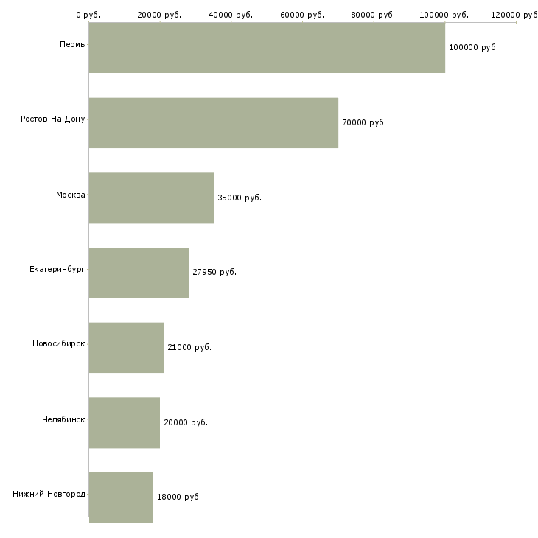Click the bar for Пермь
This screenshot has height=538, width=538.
click(267, 48)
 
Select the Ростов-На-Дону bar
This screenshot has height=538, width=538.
click(214, 123)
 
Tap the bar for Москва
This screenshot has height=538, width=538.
click(151, 198)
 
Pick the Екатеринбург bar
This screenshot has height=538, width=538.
click(139, 273)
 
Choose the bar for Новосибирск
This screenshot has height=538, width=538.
click(126, 348)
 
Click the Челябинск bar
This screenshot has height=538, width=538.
click(125, 423)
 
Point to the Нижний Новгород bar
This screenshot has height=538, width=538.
click(121, 497)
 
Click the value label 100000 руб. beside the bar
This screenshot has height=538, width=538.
click(473, 48)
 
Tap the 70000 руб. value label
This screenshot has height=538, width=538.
click(364, 123)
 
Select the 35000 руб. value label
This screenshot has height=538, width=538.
click(240, 198)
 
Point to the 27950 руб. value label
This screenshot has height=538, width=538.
click(214, 273)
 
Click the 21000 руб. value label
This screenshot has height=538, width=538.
click(189, 348)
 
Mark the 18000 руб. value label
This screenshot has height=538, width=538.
click(179, 497)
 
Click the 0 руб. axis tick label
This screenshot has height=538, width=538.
click(88, 15)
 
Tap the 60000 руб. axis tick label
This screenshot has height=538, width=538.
click(302, 15)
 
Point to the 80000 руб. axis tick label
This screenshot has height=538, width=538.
click(373, 15)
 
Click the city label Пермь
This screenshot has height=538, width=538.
click(72, 45)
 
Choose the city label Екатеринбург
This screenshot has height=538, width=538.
click(57, 270)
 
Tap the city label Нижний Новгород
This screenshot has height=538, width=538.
click(49, 494)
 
